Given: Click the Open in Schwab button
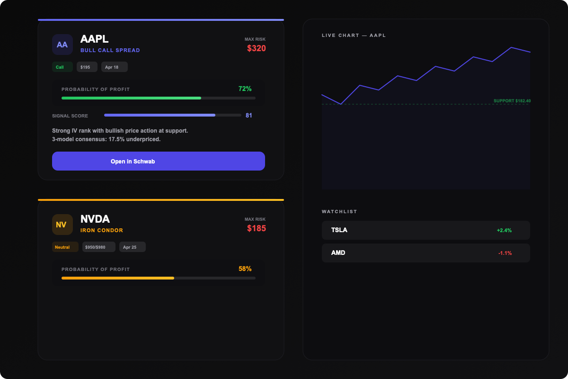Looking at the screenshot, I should click(158, 161).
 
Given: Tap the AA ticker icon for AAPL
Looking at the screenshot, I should click(62, 45).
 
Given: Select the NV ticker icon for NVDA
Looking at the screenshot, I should click(62, 225).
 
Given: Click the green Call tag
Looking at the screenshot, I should click(62, 67).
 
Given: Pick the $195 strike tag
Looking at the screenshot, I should click(87, 67).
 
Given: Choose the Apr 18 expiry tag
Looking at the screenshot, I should click(114, 67).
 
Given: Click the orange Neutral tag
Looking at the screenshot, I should click(65, 247).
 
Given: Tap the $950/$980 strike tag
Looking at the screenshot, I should click(98, 247).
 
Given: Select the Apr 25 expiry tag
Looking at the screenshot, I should click(132, 247).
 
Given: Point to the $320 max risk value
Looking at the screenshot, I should click(256, 48).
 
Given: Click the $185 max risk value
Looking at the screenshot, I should click(256, 228).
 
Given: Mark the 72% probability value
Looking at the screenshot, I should click(245, 89).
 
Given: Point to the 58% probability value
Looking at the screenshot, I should click(245, 269).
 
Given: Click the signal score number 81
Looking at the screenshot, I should click(248, 116).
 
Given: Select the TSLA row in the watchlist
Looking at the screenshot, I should click(426, 230).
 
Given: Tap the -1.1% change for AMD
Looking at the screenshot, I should click(505, 253).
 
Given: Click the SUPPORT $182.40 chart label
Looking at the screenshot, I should click(512, 101).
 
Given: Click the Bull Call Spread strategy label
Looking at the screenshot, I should click(110, 50).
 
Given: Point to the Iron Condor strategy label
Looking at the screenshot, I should click(101, 230).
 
